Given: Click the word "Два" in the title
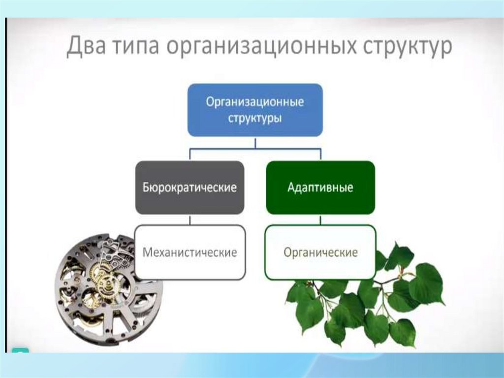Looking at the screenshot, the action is click(x=86, y=46).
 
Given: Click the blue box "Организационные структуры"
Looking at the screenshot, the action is click(x=255, y=110).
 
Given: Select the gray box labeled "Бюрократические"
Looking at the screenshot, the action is click(x=189, y=188).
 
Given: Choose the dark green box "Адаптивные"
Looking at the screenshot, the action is click(x=320, y=188).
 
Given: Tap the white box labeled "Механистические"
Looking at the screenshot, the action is click(x=190, y=252).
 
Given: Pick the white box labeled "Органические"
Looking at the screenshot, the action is click(x=320, y=252).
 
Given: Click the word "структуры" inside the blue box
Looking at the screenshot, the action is click(x=255, y=118).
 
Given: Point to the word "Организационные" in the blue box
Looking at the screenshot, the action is click(x=255, y=102).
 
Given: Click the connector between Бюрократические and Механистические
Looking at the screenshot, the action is click(x=189, y=220).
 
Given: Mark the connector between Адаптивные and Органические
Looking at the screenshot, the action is click(x=320, y=220).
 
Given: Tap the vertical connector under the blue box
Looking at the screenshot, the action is click(x=255, y=142).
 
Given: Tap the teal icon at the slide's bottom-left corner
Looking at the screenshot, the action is click(x=20, y=350).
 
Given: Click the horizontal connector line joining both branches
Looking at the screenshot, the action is click(x=255, y=149).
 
